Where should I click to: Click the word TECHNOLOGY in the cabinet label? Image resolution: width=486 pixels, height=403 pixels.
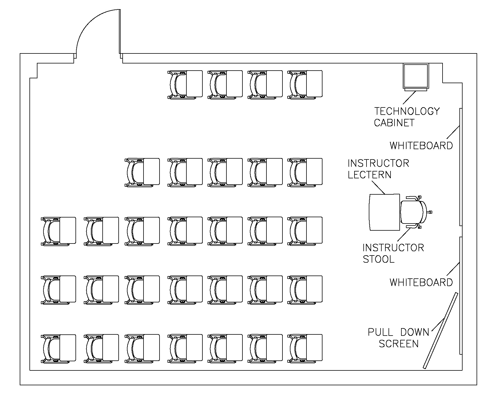click(x=407, y=111)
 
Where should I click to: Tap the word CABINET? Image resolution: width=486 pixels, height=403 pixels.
click(x=394, y=123)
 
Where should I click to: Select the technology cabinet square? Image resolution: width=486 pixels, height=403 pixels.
click(x=416, y=76)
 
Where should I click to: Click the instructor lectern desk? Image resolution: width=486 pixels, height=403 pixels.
click(x=385, y=212)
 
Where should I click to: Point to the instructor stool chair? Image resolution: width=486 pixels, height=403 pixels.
click(x=413, y=212)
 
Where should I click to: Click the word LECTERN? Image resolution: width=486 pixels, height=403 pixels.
click(x=369, y=175)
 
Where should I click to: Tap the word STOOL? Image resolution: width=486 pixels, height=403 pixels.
click(x=379, y=259)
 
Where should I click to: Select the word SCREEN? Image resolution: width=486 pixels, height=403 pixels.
click(x=399, y=344)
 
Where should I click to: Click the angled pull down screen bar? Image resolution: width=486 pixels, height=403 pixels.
click(x=441, y=330)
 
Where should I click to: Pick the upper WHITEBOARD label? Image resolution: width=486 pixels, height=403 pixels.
click(x=421, y=145)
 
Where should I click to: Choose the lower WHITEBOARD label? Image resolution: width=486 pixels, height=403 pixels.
click(x=421, y=282)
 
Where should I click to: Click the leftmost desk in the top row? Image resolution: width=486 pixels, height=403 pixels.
click(x=185, y=85)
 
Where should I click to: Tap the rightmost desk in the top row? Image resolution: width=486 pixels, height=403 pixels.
click(x=305, y=85)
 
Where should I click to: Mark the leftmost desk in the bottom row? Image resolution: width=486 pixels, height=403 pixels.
click(x=59, y=348)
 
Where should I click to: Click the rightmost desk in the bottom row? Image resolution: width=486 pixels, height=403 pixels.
click(x=305, y=348)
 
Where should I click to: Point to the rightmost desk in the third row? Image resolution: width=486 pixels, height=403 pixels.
click(x=305, y=231)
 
